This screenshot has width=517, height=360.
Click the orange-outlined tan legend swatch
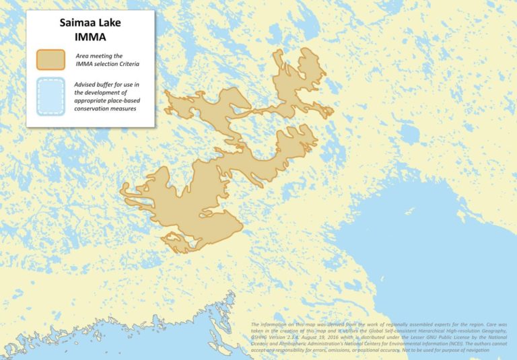(51, 59)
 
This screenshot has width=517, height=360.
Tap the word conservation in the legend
(95, 108)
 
